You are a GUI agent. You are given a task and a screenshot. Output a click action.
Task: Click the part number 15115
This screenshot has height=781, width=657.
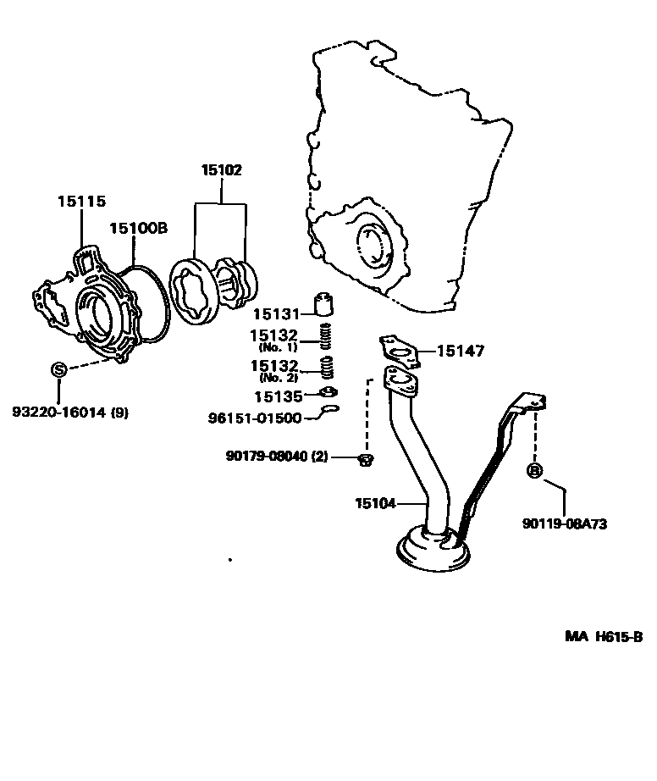pyautogui.click(x=81, y=201)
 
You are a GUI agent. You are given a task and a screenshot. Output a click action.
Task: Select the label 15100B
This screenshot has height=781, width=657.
pyautogui.click(x=138, y=228)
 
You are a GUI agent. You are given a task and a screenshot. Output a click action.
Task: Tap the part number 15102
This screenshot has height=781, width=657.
pyautogui.click(x=221, y=170)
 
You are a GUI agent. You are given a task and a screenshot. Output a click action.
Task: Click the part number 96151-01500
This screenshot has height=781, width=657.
pyautogui.click(x=255, y=418)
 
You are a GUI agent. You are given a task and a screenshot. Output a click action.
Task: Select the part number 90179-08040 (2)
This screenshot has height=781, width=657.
pyautogui.click(x=276, y=456)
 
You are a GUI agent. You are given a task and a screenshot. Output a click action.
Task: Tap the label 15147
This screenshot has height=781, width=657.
pyautogui.click(x=462, y=351)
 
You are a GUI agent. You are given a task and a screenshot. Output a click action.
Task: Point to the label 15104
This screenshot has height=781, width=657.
pyautogui.click(x=375, y=503)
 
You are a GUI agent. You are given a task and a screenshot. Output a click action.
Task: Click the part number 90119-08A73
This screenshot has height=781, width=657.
pyautogui.click(x=564, y=523)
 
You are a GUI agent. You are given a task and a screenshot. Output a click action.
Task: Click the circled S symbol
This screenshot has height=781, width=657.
pyautogui.click(x=59, y=369)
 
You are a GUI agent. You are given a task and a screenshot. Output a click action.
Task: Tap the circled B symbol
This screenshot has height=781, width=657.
pyautogui.click(x=534, y=471)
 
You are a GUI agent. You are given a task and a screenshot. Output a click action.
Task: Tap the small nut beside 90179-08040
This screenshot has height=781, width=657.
pyautogui.click(x=367, y=459)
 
